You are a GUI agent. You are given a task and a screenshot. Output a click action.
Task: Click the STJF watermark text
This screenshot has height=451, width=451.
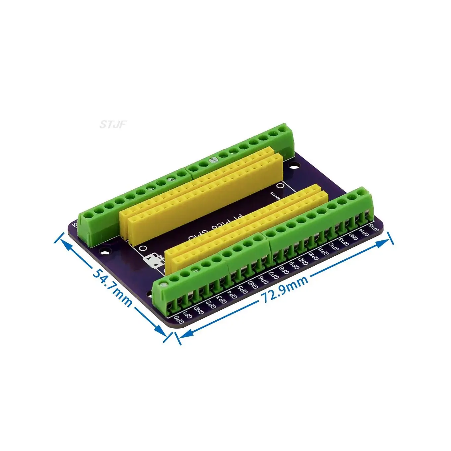coord(113,124)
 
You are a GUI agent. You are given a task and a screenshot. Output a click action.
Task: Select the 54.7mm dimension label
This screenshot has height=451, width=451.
coord(112,287)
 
